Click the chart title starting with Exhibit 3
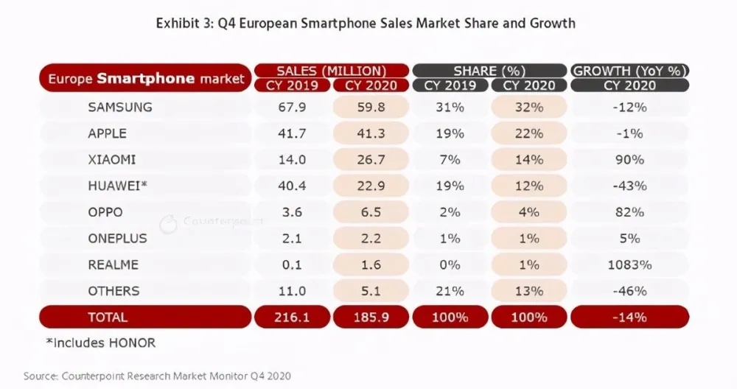(x=366, y=24)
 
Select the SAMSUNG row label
(x=119, y=107)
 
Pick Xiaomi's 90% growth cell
(x=631, y=160)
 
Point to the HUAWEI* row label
(x=117, y=186)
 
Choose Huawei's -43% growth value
(x=631, y=186)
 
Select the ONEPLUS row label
(x=117, y=239)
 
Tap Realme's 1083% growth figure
(x=631, y=264)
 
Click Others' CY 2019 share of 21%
(x=450, y=291)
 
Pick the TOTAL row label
(x=108, y=318)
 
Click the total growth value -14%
(x=631, y=318)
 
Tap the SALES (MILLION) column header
(x=331, y=71)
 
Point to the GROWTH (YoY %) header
(x=631, y=71)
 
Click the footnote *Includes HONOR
(x=101, y=343)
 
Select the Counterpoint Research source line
(x=157, y=376)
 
